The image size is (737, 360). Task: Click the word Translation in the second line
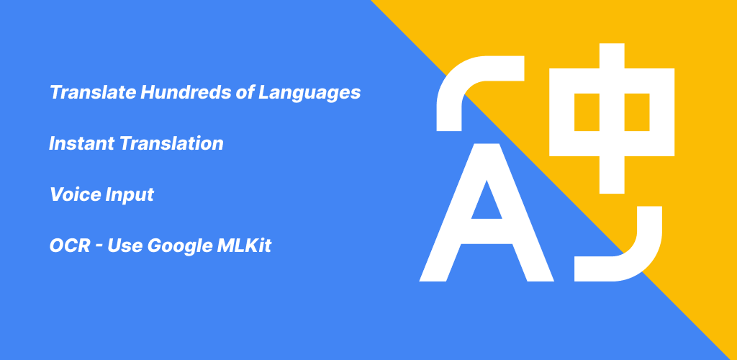tap(171, 143)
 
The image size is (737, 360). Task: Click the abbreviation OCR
tap(70, 246)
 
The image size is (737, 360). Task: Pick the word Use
tap(124, 246)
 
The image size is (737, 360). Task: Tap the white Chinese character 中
tap(612, 118)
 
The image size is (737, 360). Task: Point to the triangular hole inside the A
tap(487, 204)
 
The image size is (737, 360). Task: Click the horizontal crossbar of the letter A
tap(487, 232)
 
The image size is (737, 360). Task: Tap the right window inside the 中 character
tap(637, 112)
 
